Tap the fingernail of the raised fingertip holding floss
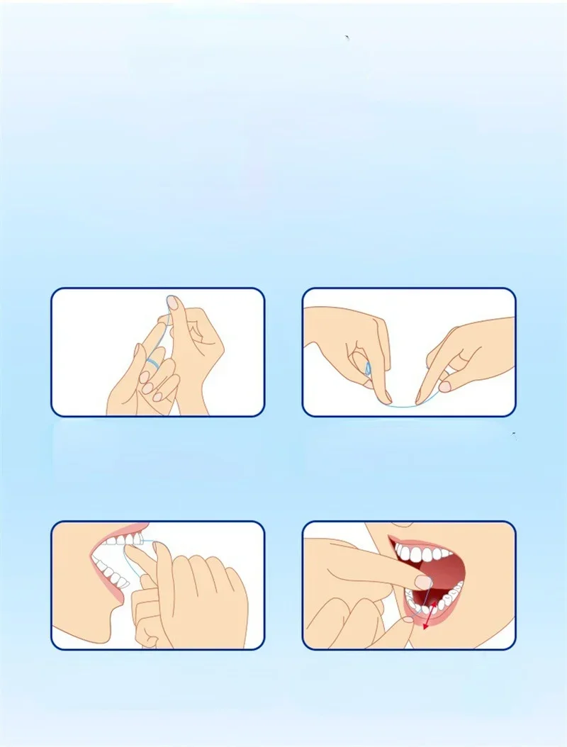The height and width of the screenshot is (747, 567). coord(172,303)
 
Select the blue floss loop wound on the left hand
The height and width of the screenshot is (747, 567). coord(367,368)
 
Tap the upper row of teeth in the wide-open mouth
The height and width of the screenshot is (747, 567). coord(423,553)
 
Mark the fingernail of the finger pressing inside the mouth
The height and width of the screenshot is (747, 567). coord(422,583)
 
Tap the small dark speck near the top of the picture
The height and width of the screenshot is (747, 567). coord(347,37)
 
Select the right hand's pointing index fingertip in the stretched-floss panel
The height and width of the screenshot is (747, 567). coord(444,386)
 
